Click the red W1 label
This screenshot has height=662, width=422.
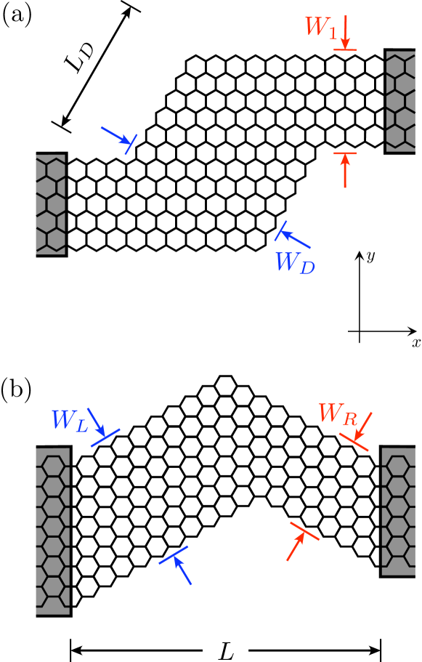click(320, 28)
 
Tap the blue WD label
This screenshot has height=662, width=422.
click(294, 263)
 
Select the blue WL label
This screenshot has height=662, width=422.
click(69, 421)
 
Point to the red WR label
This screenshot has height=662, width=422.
click(338, 414)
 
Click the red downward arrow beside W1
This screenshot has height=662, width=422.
click(346, 33)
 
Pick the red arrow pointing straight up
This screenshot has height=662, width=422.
click(345, 171)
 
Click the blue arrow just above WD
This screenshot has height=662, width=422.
click(296, 239)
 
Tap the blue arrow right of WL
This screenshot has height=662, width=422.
click(97, 421)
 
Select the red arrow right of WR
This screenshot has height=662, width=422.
click(363, 427)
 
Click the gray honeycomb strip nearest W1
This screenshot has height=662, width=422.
click(400, 101)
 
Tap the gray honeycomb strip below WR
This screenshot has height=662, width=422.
click(398, 512)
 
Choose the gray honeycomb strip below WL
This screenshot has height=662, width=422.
click(52, 531)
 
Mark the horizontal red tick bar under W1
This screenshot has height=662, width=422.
click(345, 50)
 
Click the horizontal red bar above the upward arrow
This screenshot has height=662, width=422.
click(345, 153)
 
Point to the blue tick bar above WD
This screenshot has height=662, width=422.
click(280, 230)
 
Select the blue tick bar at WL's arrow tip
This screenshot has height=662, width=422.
click(105, 437)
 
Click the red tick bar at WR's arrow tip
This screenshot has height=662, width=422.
click(354, 442)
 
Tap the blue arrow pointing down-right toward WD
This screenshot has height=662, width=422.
click(115, 135)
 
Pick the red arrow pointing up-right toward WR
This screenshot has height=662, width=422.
click(296, 546)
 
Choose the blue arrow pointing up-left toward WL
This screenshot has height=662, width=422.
click(182, 570)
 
